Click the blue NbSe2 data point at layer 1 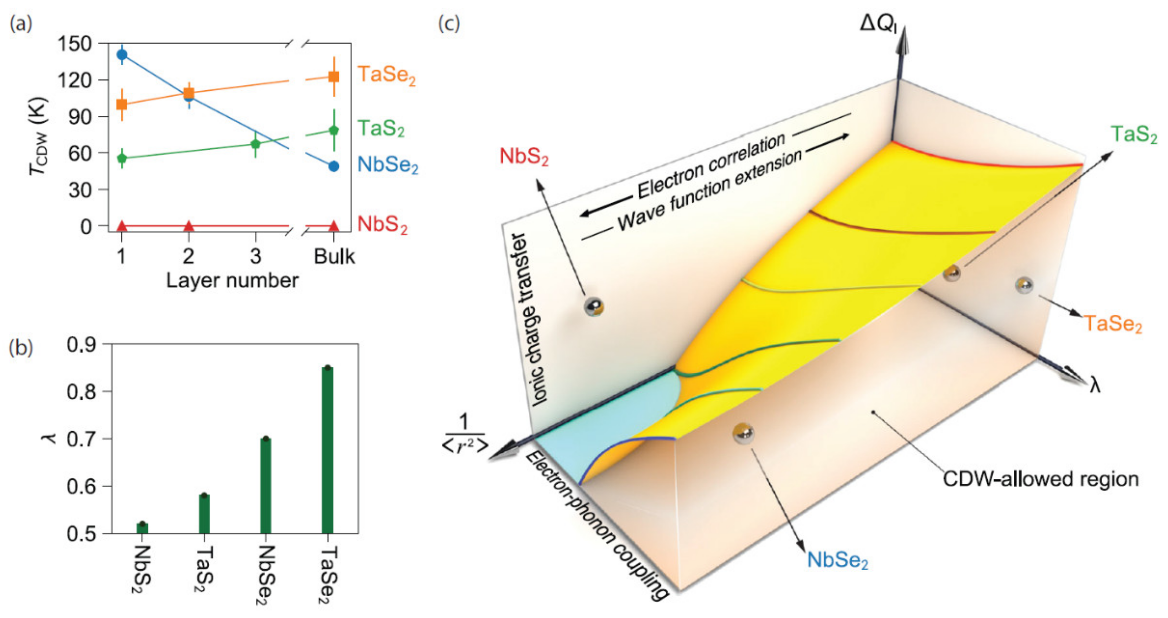point(122,55)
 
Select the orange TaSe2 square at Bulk point(334,76)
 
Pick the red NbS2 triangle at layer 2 point(189,226)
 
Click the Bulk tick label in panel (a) point(334,256)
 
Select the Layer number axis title point(232,281)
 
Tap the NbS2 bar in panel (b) point(142,528)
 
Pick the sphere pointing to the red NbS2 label point(593,307)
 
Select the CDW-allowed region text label point(1041,479)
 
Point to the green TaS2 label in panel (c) point(1134,135)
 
